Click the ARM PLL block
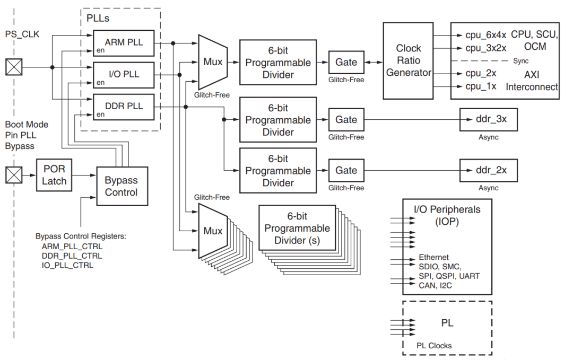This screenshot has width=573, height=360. coord(124,42)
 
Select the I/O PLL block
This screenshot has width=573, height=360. coord(124,75)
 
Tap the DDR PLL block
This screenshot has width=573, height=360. coord(124,106)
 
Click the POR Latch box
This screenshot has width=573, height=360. coord(54,175)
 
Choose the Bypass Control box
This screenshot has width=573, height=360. coord(121,186)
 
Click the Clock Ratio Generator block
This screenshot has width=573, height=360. coord(409,60)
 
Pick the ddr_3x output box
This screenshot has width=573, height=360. coord(488,119)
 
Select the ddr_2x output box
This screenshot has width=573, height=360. coord(488,170)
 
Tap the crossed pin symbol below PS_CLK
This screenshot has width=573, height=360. coord(14,67)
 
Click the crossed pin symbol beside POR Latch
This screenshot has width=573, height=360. coord(14,174)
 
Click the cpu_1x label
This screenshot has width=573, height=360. coord(481,86)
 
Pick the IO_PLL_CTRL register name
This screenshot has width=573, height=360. coord(67,265)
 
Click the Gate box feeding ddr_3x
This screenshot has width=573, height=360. coord(346,120)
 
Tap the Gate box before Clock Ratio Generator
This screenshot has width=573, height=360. coord(346,62)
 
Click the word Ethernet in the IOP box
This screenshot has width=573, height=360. coord(433,257)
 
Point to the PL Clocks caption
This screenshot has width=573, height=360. coord(434,346)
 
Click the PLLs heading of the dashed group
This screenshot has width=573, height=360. coord(99,19)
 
